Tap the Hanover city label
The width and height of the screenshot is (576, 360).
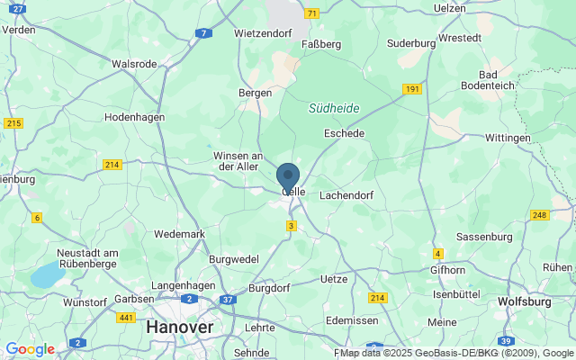pos(179,328)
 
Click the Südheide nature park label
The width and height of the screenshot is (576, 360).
pos(334,108)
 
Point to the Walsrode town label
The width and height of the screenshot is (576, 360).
pos(133,64)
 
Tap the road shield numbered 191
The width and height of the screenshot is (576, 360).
pos(412,89)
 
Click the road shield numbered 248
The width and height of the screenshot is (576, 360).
pos(540,214)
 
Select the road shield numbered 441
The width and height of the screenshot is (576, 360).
pos(125,318)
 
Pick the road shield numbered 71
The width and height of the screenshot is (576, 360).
pos(311,13)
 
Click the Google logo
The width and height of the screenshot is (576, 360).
pos(30,349)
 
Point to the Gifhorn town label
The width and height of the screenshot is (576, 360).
pos(447,269)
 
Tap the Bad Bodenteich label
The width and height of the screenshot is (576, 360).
pos(501,80)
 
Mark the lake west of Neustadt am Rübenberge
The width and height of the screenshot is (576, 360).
pos(45,276)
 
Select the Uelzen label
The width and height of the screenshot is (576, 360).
pos(450,8)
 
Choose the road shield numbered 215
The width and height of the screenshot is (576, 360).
pos(13,123)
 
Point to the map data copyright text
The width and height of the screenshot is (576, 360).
pos(456,352)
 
